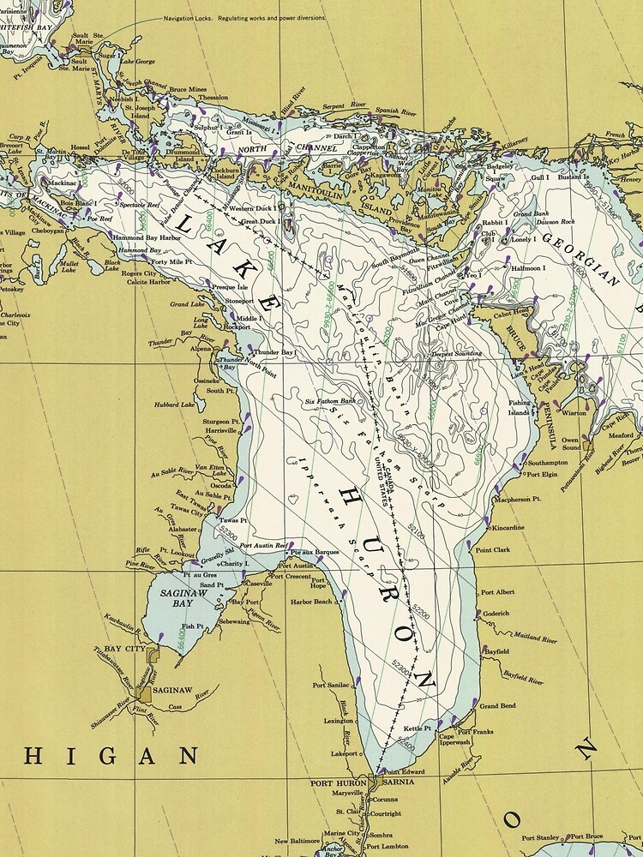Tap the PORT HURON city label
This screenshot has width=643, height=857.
click(x=341, y=782)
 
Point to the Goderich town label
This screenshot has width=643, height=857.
click(x=496, y=614)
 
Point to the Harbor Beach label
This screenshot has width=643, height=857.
click(x=312, y=602)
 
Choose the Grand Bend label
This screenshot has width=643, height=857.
click(x=497, y=706)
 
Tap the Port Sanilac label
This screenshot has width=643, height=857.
click(x=331, y=686)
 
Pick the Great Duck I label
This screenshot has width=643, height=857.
click(x=260, y=222)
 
